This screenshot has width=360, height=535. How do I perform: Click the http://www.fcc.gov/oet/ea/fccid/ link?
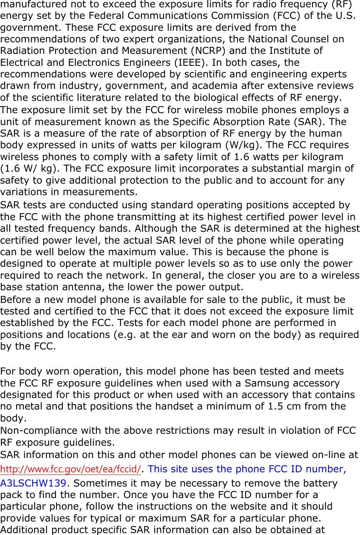70,469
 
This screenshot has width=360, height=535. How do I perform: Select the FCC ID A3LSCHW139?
35,483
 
